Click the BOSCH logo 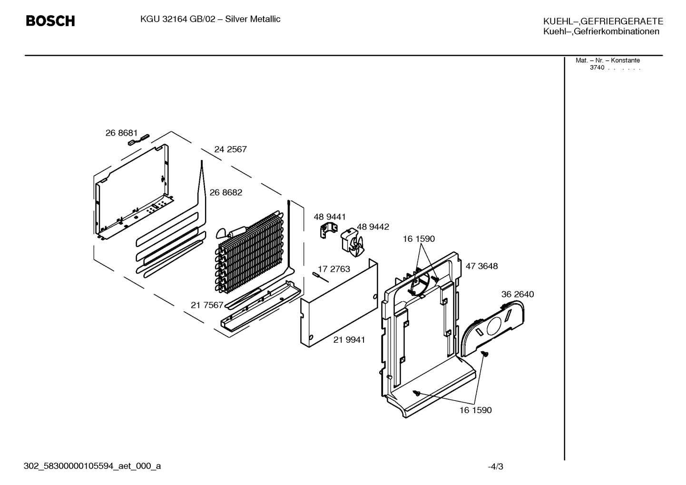(x=50, y=21)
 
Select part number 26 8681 (x=122, y=133)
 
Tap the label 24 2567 (x=230, y=149)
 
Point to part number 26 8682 (x=225, y=192)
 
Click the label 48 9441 (x=330, y=217)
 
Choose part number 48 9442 (x=373, y=227)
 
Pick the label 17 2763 (x=334, y=269)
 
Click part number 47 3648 (x=482, y=266)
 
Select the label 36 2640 (x=518, y=294)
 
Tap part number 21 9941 (x=349, y=340)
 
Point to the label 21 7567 (x=207, y=305)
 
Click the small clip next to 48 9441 (x=328, y=230)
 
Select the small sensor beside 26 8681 (x=138, y=139)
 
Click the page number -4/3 (x=495, y=466)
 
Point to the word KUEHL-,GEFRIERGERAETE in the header (x=603, y=21)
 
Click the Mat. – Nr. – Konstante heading (x=608, y=60)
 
